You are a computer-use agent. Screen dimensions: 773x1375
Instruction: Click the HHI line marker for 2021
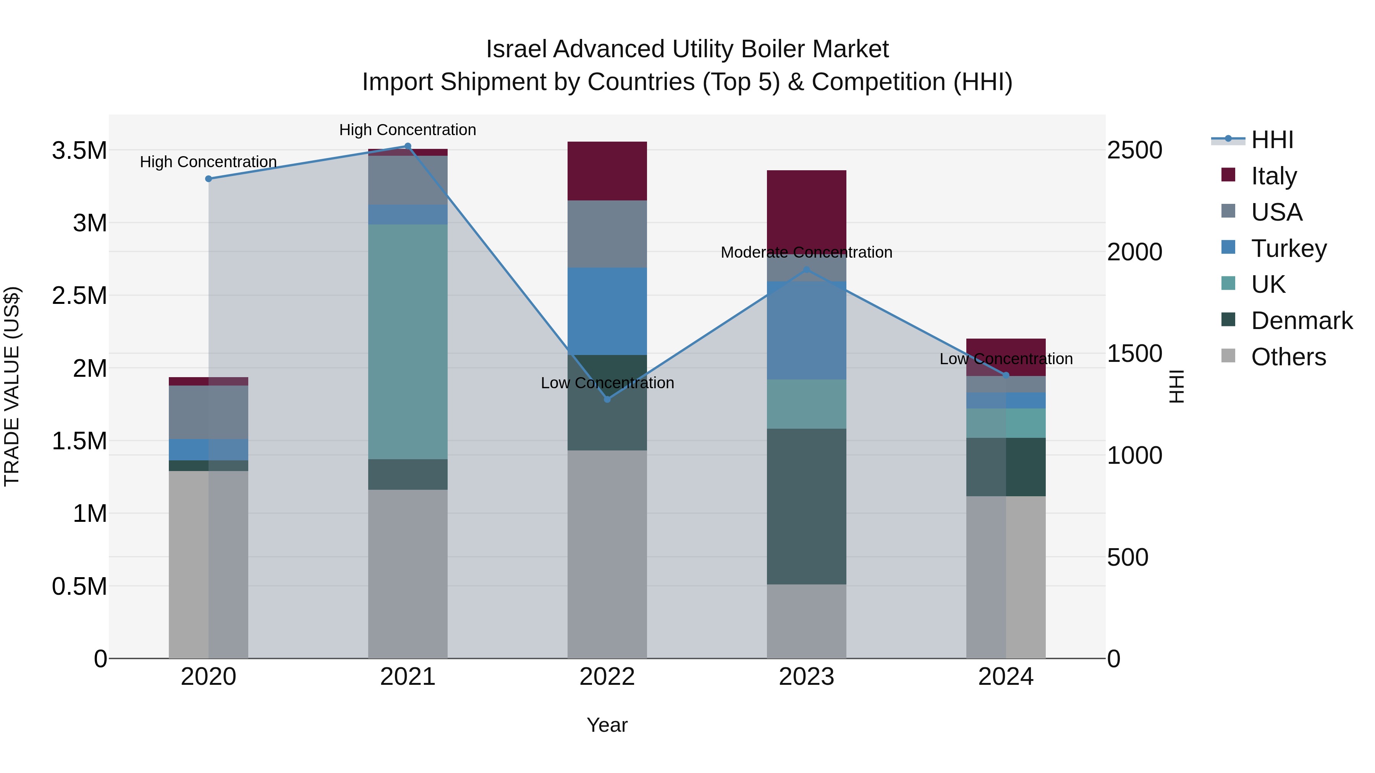pos(407,146)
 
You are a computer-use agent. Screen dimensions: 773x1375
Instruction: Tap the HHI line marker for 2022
pos(607,399)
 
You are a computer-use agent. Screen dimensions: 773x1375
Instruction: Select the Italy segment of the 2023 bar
pos(806,208)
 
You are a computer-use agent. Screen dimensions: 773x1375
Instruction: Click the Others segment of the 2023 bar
pos(806,621)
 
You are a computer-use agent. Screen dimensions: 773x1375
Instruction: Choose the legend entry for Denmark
pos(1301,321)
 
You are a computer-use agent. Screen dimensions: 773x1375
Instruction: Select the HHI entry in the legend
pos(1271,140)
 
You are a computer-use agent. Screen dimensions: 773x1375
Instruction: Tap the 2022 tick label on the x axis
pos(607,677)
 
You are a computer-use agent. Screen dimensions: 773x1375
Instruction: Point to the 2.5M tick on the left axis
pos(79,295)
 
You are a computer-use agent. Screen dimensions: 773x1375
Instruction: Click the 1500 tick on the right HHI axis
pos(1134,354)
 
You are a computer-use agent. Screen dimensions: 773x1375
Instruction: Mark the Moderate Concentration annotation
pos(806,252)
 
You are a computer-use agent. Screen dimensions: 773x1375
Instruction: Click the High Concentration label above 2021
pos(407,130)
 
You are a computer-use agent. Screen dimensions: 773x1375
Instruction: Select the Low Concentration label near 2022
pos(607,383)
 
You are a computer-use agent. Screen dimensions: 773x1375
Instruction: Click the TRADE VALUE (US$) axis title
pos(12,386)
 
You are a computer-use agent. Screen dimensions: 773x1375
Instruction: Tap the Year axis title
pos(607,725)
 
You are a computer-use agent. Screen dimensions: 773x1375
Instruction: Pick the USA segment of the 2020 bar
pos(208,412)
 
